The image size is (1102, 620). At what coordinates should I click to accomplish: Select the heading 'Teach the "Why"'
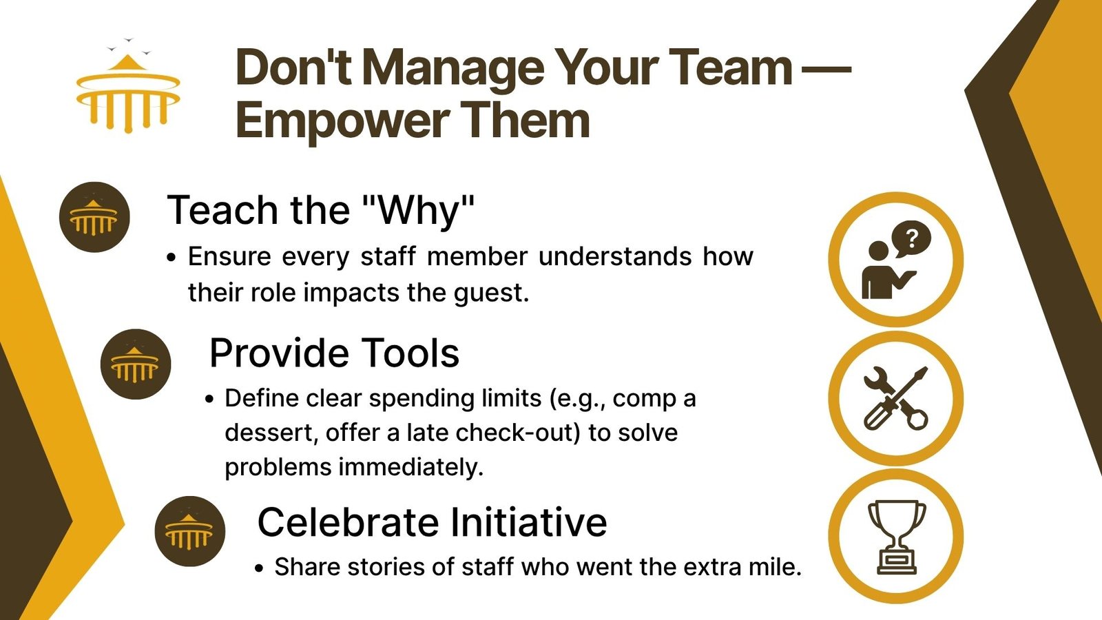[x=321, y=211]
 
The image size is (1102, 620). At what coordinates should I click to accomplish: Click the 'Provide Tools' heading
[x=335, y=353]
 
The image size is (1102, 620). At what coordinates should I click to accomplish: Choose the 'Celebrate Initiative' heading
[x=432, y=522]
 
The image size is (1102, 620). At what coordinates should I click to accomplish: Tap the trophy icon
[x=896, y=537]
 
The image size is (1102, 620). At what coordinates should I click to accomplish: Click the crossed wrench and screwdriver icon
[x=896, y=398]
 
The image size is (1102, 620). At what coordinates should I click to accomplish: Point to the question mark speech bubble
[x=911, y=239]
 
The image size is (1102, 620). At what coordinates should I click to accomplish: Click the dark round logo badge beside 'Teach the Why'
[x=94, y=217]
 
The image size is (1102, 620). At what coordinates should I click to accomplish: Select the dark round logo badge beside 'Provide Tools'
[x=135, y=364]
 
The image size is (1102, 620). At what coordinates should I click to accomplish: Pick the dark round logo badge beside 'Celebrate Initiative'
[x=190, y=531]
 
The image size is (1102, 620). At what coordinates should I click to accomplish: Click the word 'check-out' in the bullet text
[x=518, y=433]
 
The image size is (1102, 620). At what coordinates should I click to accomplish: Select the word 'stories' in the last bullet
[x=386, y=567]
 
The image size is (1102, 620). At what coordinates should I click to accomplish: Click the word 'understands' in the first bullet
[x=615, y=256]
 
